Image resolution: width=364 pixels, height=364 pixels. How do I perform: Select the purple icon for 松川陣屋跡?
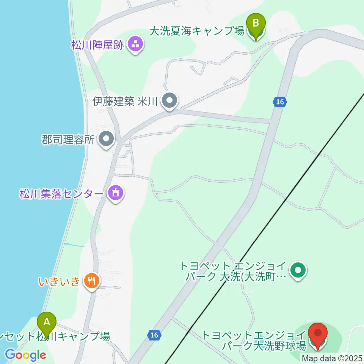pos(135,45)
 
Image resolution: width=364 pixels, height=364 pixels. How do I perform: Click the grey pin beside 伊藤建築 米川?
pos(169,101)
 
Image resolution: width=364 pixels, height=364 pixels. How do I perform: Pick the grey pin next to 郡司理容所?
pos(106,139)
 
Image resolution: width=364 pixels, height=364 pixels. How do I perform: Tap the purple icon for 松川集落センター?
pos(116,194)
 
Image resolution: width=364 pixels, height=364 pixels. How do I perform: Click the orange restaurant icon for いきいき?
pos(91,281)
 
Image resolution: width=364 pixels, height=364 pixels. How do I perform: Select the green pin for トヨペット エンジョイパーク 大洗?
pos(298,270)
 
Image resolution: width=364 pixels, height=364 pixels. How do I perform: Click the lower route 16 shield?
pos(153,335)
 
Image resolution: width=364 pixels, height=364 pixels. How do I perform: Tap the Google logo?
pos(25,355)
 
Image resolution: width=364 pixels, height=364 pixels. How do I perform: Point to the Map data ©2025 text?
pos(332,358)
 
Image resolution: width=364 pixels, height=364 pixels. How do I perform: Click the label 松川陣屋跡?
pos(97,45)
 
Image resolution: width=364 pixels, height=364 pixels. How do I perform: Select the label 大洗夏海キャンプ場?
pos(196,31)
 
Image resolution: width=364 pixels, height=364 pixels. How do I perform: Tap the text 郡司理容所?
pos(67,140)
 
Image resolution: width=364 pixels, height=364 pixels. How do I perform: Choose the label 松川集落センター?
pos(61,194)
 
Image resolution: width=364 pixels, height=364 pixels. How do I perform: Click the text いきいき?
pos(59,282)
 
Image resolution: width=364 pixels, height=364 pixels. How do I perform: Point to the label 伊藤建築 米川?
pos(125,102)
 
